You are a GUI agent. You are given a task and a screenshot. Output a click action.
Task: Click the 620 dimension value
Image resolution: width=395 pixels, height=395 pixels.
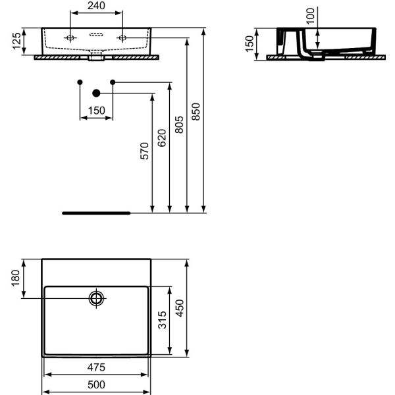[162, 137]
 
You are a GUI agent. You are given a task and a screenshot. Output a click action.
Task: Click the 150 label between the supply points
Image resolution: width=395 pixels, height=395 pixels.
[97, 111]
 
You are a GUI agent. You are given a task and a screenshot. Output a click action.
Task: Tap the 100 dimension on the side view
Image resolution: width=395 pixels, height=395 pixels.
[312, 13]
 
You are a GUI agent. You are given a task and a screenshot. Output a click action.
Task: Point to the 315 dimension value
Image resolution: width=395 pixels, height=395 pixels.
[162, 323]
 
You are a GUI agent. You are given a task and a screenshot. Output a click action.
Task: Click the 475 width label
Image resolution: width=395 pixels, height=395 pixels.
[96, 367]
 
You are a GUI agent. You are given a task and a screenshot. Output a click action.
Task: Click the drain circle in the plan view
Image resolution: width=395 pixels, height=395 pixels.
[97, 298]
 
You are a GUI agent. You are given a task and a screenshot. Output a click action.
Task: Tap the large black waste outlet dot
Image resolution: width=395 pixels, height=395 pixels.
[96, 93]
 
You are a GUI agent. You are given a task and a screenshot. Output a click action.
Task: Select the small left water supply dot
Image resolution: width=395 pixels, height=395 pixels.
[80, 82]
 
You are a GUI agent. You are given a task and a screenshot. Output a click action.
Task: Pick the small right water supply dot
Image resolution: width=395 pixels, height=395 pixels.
[113, 82]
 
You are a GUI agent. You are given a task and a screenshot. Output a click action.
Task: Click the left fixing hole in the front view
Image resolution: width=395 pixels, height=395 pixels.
[69, 38]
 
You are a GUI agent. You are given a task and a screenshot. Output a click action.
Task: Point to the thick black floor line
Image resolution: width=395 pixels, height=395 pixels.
[96, 213]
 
